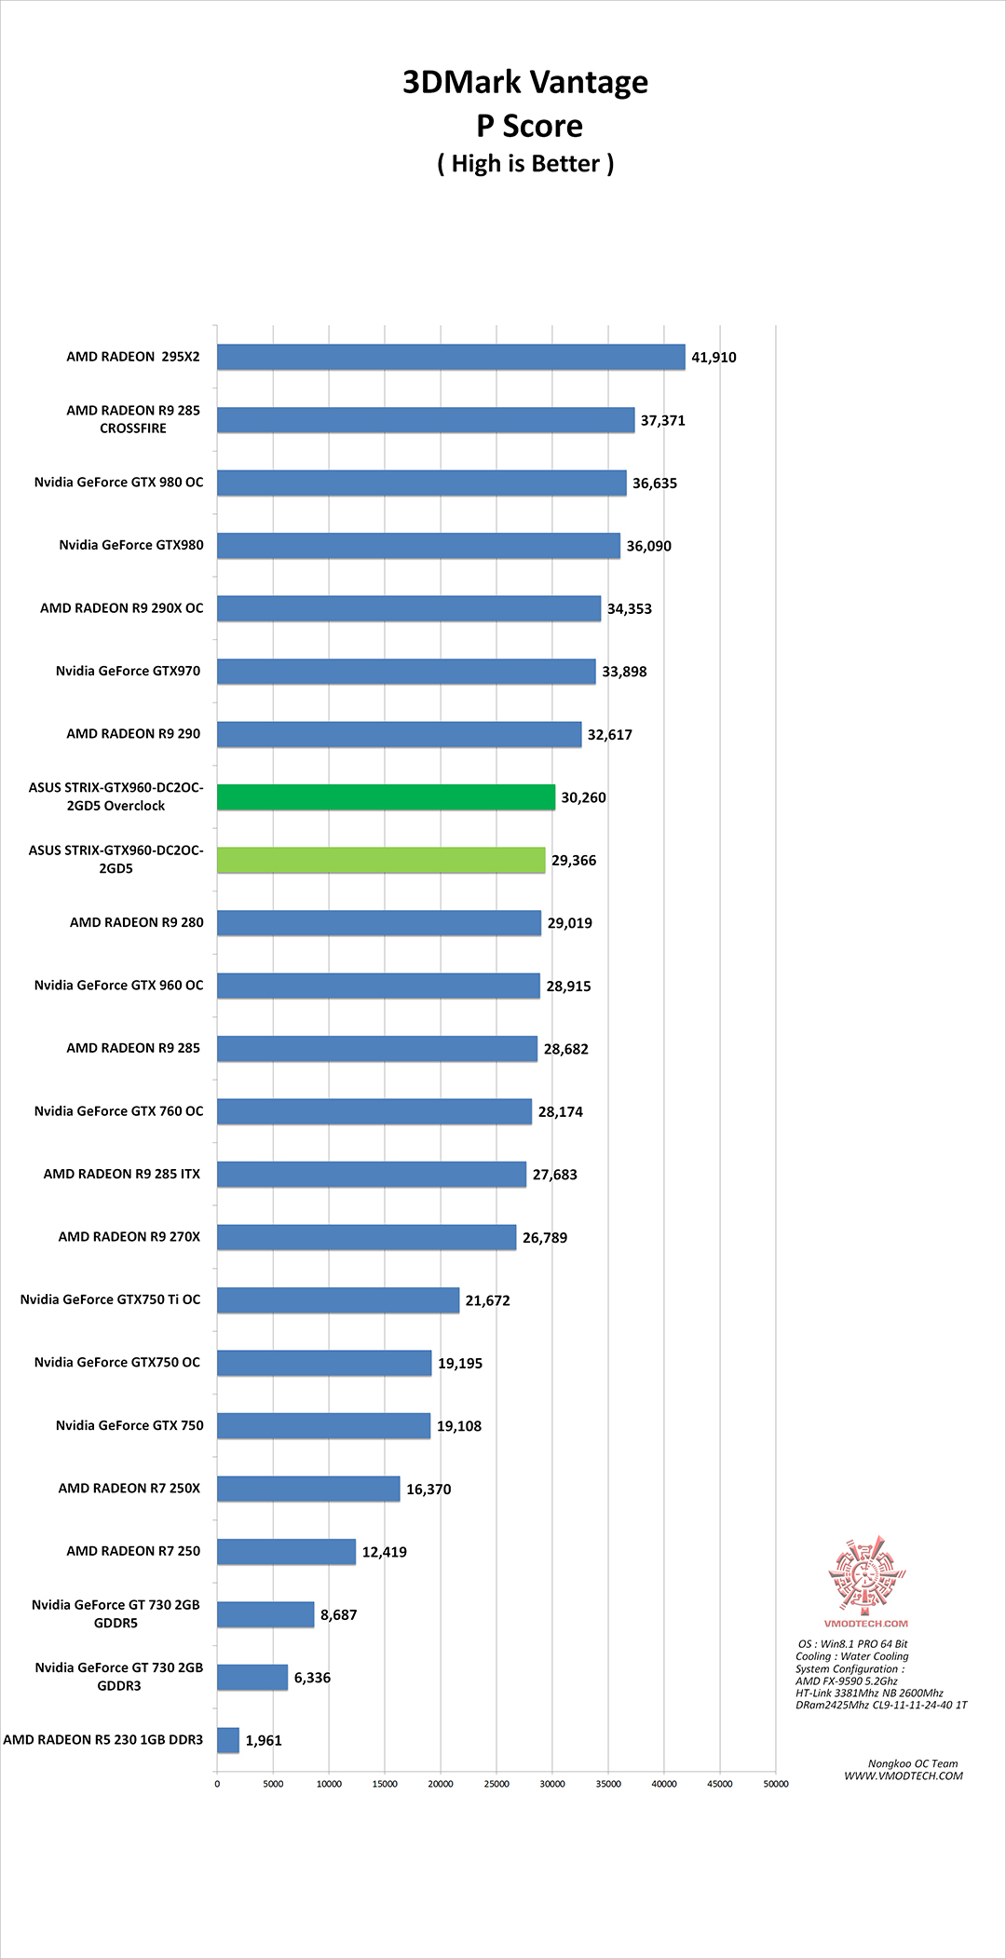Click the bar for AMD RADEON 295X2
tap(451, 357)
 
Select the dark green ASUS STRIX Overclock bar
tap(386, 797)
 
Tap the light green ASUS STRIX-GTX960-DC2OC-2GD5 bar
tap(381, 860)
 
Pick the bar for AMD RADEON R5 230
tap(228, 1740)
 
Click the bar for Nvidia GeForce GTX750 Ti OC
tap(338, 1300)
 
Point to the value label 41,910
tap(714, 358)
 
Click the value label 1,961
tap(264, 1741)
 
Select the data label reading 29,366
tap(574, 861)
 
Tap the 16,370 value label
tap(428, 1490)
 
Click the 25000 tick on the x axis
tap(496, 1784)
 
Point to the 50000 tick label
tap(776, 1784)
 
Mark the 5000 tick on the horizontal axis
tap(273, 1784)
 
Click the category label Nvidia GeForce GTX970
tap(128, 671)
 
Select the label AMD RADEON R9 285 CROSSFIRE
tap(133, 419)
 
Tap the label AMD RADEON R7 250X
tap(129, 1489)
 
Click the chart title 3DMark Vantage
tap(525, 83)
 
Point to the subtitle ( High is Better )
tap(525, 164)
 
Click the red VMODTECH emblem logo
tap(866, 1576)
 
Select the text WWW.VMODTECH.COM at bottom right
tap(904, 1776)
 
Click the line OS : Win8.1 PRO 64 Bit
tap(852, 1644)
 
